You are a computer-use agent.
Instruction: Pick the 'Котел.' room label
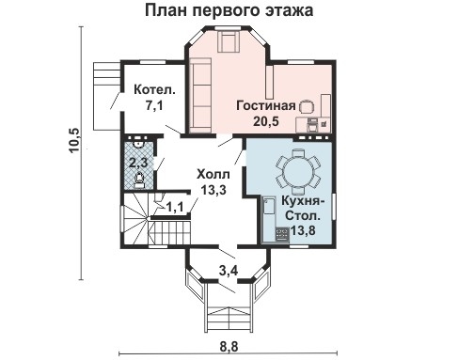tap(154, 91)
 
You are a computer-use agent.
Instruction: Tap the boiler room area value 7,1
tap(154, 107)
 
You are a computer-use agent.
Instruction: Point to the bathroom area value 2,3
tap(137, 161)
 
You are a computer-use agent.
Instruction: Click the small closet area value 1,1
tap(174, 208)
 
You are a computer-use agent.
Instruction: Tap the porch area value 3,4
tap(229, 274)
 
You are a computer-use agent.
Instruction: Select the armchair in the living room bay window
tap(229, 40)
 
